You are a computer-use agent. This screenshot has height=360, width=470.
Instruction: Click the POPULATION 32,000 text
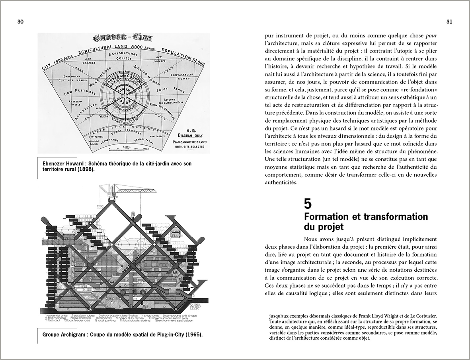(183, 56)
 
